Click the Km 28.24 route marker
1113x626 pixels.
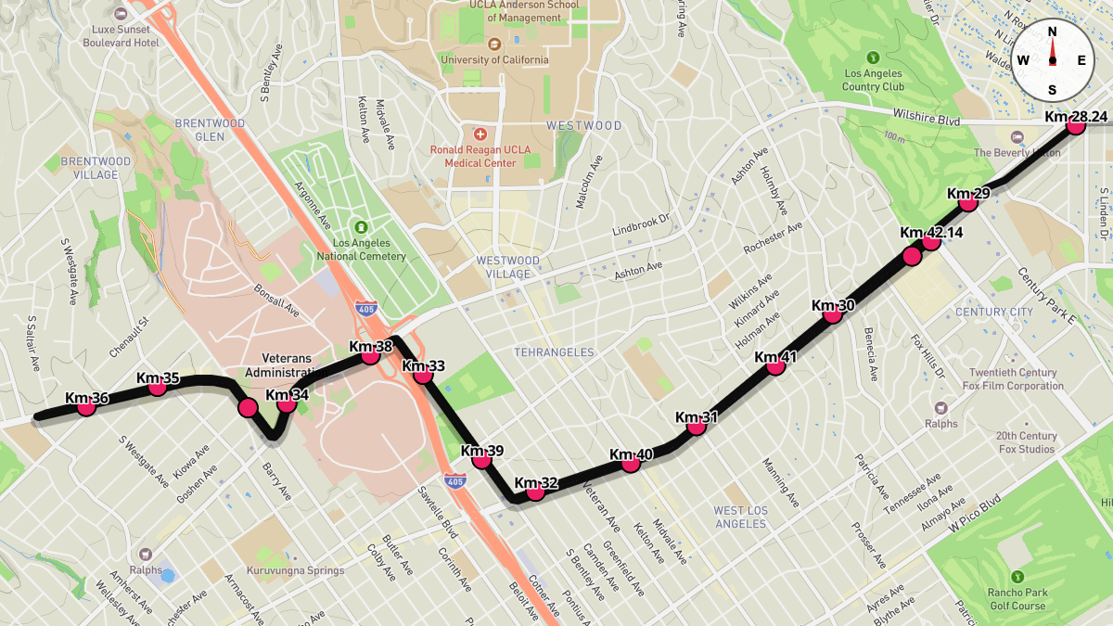[1076, 126]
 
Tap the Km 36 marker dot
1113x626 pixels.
[86, 406]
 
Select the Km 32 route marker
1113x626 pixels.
[535, 492]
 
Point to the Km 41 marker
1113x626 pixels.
[776, 366]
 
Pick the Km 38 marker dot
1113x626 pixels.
[370, 355]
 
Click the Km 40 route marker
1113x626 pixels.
[631, 463]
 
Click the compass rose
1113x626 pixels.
[1052, 60]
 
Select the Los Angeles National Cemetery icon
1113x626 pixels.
[361, 227]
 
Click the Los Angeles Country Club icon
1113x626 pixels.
[873, 57]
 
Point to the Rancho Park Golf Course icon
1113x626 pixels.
[1017, 576]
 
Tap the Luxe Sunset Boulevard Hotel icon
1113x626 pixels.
[121, 15]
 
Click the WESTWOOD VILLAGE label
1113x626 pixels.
[508, 267]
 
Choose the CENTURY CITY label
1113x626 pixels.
[993, 313]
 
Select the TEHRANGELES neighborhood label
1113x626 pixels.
[554, 352]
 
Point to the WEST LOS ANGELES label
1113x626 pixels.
[740, 517]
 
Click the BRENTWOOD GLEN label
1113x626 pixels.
[211, 130]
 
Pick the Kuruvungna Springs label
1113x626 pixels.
[295, 570]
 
